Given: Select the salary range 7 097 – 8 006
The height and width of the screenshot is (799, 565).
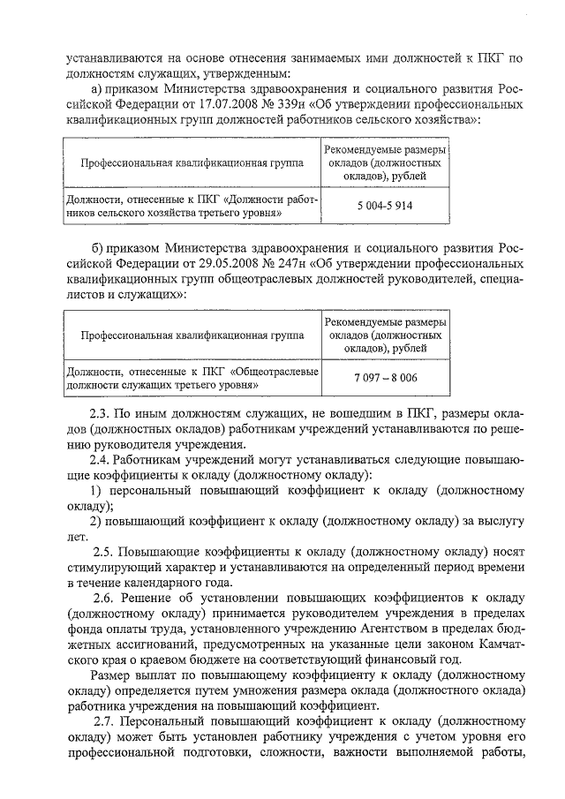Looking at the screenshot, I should point(385,378).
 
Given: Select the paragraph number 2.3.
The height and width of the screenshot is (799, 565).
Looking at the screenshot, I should point(101,414).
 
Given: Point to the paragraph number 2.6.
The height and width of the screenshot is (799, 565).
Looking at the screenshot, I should point(104,598).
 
